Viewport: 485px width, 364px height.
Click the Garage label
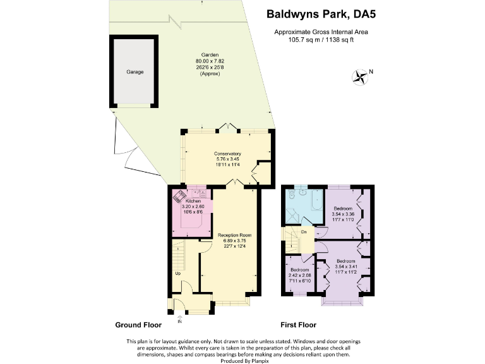[x=134, y=72]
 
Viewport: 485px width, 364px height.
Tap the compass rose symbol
[x=361, y=77]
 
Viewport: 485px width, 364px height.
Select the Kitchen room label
[x=193, y=200]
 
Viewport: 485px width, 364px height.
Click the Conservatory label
[x=227, y=154]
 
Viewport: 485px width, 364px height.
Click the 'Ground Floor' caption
[x=138, y=325]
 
